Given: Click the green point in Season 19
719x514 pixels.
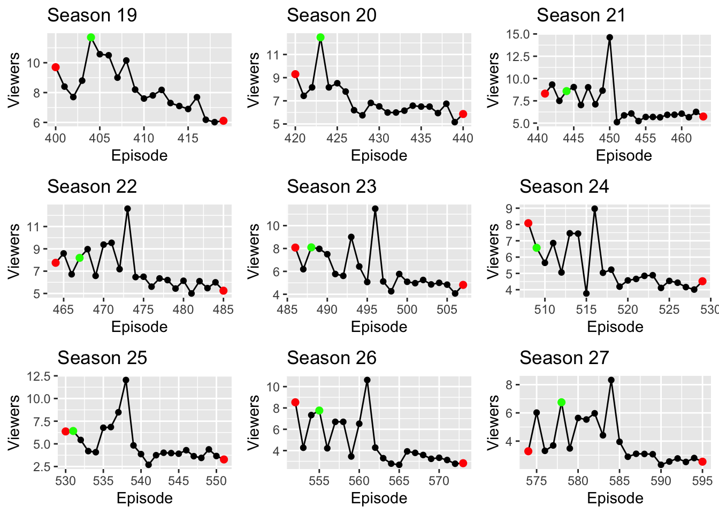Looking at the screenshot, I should [x=91, y=37].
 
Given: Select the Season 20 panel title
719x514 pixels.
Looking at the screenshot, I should [x=331, y=16].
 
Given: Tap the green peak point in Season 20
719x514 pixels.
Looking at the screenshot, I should [x=320, y=37].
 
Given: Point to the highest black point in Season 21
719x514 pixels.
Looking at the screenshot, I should [x=610, y=37].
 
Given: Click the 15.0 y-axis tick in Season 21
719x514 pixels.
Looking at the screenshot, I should [x=519, y=34].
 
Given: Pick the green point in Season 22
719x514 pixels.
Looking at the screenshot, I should [x=80, y=258].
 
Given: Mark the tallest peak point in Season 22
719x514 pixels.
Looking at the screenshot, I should [x=127, y=209].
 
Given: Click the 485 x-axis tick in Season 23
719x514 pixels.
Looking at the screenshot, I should [x=287, y=309].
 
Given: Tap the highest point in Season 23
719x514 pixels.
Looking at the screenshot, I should [x=375, y=209].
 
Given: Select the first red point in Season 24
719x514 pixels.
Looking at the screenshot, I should [x=529, y=223].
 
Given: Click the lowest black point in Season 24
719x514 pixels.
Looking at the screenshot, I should [x=586, y=293].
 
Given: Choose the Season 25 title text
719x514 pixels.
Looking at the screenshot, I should [x=102, y=358].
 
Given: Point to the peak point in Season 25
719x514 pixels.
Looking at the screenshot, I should [x=126, y=380].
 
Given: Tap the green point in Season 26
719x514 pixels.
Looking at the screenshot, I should [x=319, y=411].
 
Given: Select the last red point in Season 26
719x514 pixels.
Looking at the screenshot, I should [x=463, y=463].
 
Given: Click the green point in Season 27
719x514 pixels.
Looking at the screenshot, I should [x=561, y=402].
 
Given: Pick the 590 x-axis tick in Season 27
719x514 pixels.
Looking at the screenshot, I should [x=661, y=481].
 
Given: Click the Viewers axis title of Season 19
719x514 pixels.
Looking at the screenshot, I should [x=14, y=80].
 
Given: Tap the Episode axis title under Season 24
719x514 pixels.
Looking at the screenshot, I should [x=615, y=327].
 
